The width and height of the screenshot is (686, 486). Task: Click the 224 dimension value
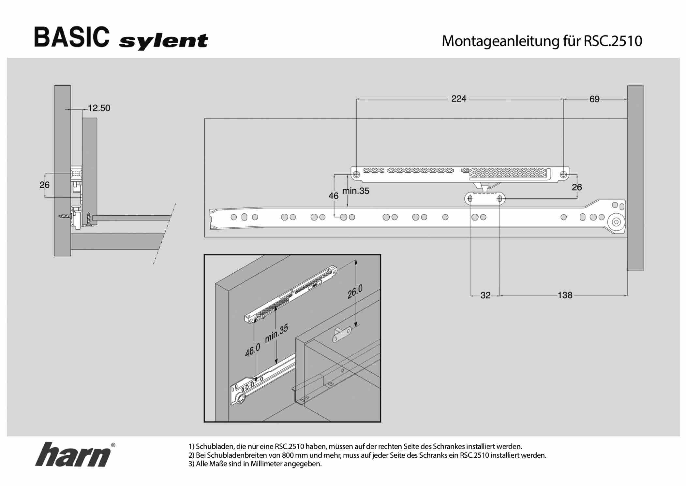point(458,99)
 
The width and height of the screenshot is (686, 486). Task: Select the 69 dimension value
point(594,99)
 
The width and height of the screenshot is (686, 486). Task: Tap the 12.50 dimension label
point(99,108)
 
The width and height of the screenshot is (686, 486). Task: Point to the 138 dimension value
point(565,295)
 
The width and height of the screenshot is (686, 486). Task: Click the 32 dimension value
point(485,295)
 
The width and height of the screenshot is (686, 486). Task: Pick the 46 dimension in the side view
point(333,196)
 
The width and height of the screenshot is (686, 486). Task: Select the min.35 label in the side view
point(356,191)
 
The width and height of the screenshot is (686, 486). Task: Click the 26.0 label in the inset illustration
point(355,292)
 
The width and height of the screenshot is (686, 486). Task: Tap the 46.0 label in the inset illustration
point(253,350)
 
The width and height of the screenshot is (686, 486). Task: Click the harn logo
point(74,454)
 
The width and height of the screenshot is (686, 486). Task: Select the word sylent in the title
point(163,42)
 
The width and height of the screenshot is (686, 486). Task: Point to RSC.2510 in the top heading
point(613,41)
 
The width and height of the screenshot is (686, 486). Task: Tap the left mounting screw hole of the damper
point(356,175)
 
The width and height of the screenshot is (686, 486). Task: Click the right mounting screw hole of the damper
point(563,175)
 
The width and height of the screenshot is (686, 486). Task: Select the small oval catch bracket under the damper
point(485,198)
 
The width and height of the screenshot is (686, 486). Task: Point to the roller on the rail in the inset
point(241,398)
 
